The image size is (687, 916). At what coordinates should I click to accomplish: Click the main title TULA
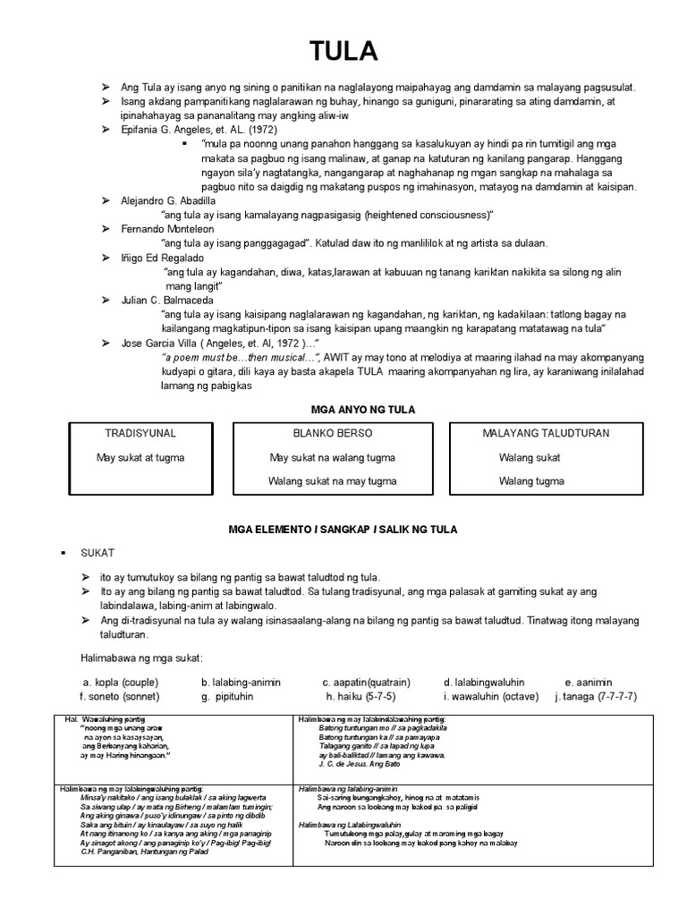[343, 52]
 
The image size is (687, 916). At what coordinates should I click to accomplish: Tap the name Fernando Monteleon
[166, 229]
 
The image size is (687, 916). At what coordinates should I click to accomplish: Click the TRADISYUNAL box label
[140, 433]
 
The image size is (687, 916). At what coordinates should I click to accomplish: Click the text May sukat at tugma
[140, 457]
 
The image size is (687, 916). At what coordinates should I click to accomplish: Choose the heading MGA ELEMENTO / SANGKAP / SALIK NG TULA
[343, 530]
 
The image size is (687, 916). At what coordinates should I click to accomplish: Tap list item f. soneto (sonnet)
[120, 696]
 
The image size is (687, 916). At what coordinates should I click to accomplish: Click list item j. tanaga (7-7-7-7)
[597, 696]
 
